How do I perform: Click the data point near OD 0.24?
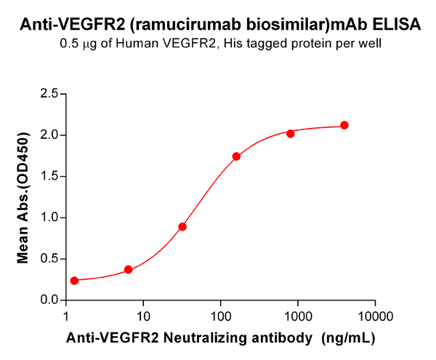[74, 281]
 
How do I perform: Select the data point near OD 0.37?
[129, 270]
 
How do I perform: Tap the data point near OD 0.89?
[182, 227]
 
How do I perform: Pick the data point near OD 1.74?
[236, 156]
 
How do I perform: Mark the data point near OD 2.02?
[290, 134]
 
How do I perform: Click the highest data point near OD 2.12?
[344, 125]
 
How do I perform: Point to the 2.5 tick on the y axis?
[49, 94]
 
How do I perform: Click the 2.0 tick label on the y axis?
[49, 135]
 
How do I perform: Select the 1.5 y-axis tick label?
[49, 176]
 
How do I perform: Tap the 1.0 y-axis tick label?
[49, 217]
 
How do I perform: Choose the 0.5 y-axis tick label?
[49, 259]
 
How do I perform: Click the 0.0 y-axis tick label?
[49, 300]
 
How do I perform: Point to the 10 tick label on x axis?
[143, 316]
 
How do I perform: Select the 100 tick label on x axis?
[220, 316]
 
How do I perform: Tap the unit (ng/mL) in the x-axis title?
[347, 338]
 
